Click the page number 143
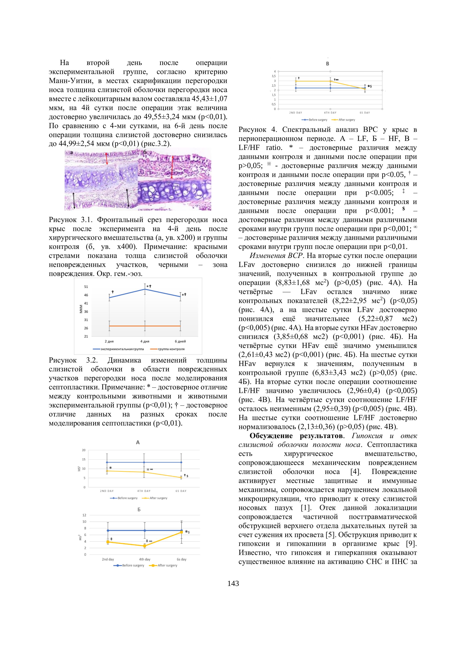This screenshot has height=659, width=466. coord(233,583)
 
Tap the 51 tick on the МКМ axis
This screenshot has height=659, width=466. coord(86,286)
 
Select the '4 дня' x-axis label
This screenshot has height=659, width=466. coord(145,341)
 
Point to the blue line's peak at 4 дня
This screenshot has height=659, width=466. coord(145,289)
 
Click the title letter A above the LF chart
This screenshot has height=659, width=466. coord(138,443)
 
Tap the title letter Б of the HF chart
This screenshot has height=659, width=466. coord(139,509)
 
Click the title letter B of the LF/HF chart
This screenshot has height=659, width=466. coord(327,64)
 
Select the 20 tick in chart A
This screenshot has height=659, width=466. coord(84,450)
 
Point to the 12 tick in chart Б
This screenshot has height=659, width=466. coord(84,515)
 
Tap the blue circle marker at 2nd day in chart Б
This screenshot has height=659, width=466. coord(108,531)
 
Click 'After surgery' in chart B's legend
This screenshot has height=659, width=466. coord(347,120)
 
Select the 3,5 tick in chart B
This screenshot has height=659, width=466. coord(274,76)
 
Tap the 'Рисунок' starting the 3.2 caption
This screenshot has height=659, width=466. coord(63,360)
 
